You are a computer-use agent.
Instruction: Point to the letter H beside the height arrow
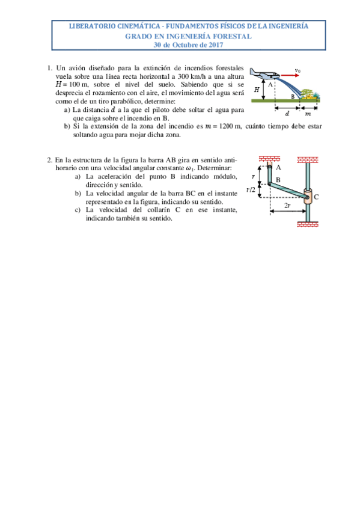(257, 89)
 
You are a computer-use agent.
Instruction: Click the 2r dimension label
(288, 205)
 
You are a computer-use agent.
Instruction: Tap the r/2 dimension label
(252, 189)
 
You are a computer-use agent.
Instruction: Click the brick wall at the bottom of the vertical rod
(308, 225)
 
